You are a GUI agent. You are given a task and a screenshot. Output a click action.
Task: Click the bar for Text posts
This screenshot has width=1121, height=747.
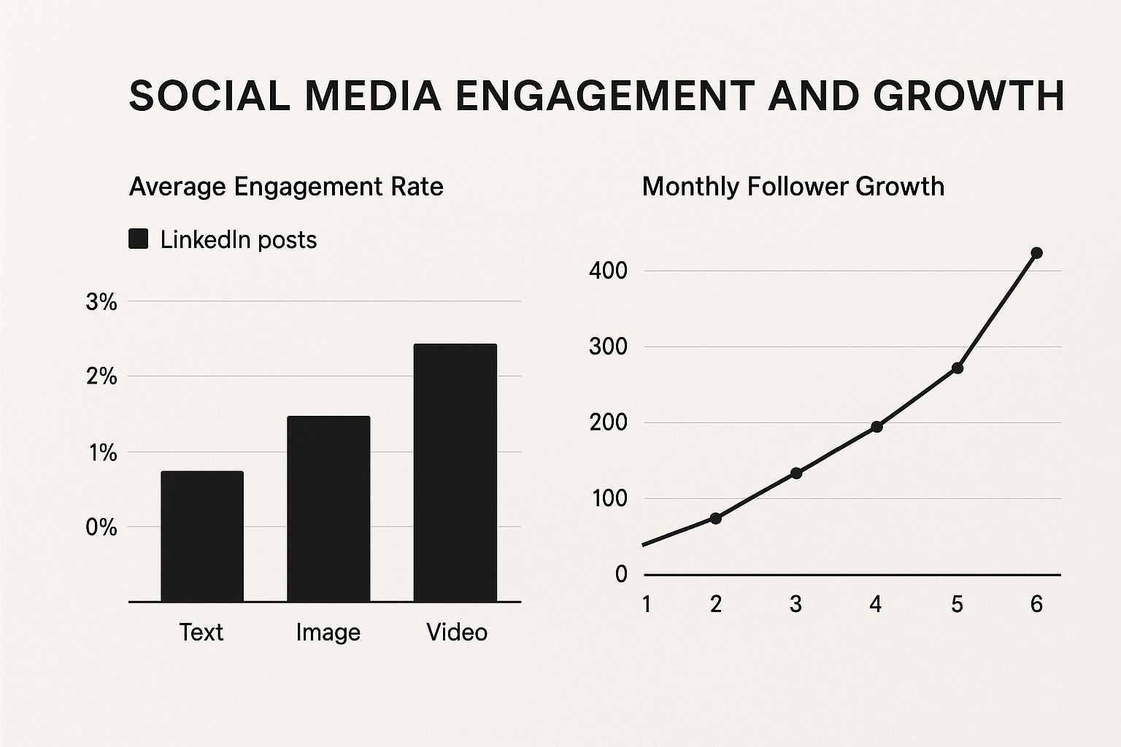coord(202,536)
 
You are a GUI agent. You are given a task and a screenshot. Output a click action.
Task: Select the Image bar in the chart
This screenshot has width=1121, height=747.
coord(328,509)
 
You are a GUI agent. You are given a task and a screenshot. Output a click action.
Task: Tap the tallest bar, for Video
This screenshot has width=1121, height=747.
coord(455,473)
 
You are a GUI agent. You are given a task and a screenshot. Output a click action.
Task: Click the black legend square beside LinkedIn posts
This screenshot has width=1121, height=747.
coord(138,239)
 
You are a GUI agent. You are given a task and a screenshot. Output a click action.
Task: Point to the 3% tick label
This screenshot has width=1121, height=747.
coord(101,302)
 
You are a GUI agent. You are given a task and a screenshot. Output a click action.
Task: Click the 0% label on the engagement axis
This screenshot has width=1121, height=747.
coord(101,527)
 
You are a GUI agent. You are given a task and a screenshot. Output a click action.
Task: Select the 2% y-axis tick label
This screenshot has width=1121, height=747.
coord(101,376)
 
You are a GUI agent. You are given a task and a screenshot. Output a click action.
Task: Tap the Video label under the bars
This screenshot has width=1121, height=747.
coord(456,632)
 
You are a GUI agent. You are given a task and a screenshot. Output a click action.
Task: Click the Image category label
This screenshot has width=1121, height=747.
coord(328,633)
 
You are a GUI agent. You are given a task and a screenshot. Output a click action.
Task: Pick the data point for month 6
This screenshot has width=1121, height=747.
coord(1036,252)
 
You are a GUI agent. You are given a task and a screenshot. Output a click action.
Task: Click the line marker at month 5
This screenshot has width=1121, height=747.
coord(957,368)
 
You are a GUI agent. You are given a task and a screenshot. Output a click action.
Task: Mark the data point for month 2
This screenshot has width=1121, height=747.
coord(716,519)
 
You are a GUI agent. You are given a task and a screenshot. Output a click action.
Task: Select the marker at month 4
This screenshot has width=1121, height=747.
coord(877,427)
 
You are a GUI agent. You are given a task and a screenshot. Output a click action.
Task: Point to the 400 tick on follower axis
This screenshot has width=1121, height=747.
coord(608,271)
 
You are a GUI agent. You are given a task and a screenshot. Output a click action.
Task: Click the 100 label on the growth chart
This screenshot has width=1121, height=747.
coord(609,498)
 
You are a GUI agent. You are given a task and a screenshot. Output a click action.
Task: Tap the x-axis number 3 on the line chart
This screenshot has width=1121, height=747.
coord(796,605)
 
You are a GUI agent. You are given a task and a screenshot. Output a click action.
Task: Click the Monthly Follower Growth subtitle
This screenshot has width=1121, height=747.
coord(793,187)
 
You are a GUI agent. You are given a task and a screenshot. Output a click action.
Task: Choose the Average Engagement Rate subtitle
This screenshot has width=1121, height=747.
coord(286,187)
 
